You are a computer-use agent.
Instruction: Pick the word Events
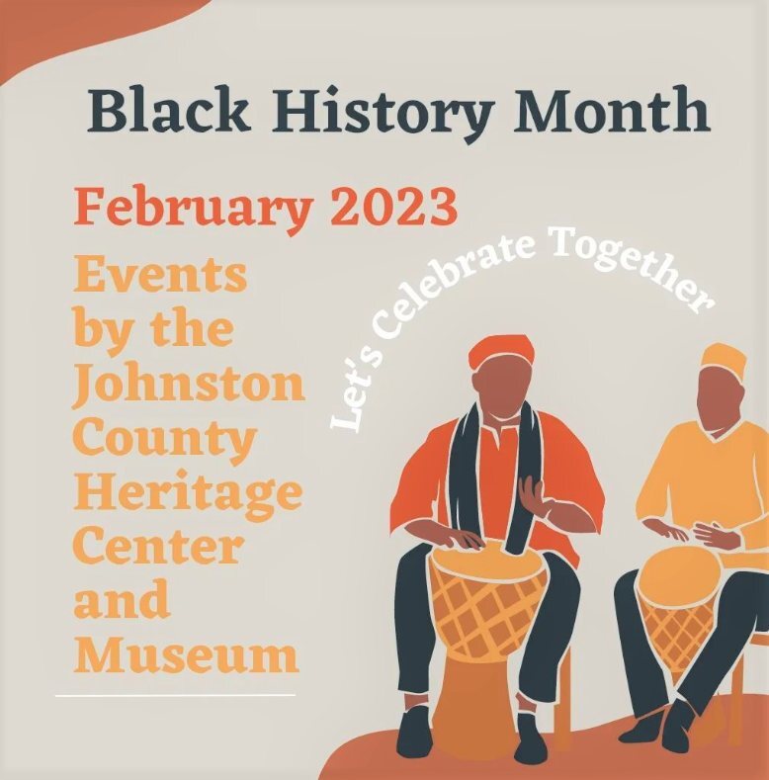[159, 274]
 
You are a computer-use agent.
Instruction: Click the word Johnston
[188, 384]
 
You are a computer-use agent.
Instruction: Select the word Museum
[186, 654]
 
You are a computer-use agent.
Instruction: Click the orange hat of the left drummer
[501, 350]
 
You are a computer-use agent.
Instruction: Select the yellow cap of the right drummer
[724, 360]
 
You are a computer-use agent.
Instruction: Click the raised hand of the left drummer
[535, 493]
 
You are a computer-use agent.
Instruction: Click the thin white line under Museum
[175, 695]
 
